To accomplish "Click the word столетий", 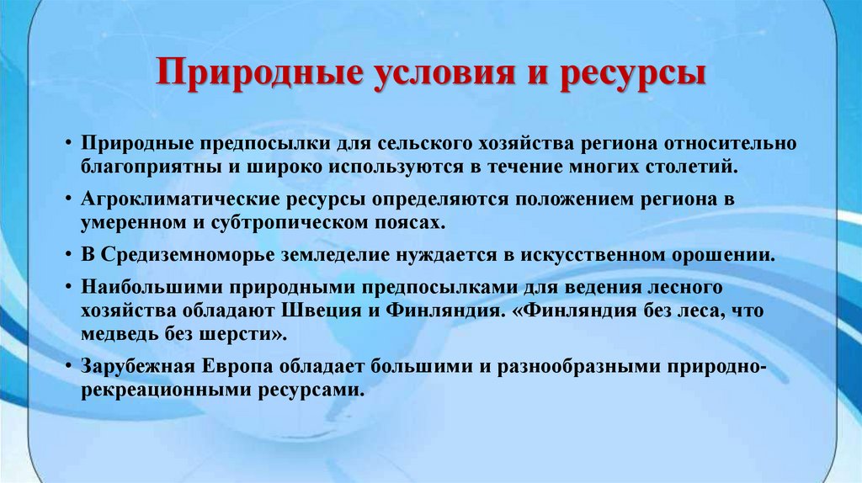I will pos(695,166).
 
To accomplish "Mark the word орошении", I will pos(723,255).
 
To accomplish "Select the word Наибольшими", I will pos(134,288).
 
